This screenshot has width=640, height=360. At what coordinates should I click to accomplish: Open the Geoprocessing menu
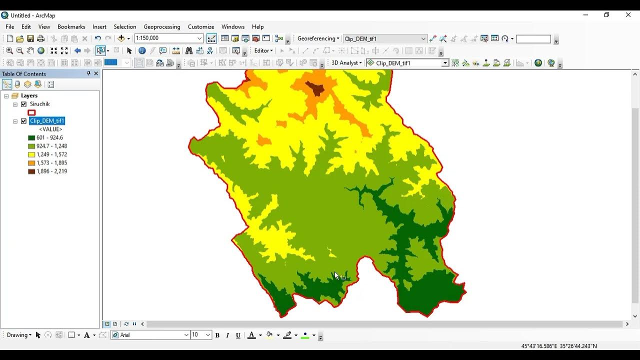161,27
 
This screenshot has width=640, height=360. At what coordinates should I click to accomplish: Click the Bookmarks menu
71,27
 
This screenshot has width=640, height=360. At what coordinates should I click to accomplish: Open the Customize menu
200,27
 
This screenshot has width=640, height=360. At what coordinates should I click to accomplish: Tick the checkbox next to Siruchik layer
23,104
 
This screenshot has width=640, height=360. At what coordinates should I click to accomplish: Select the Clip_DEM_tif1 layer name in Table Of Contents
47,121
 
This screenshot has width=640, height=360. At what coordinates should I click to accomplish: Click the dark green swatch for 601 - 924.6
31,138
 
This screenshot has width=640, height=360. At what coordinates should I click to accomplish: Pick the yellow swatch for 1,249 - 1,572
31,155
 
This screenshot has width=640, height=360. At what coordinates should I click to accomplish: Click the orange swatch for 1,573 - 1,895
31,163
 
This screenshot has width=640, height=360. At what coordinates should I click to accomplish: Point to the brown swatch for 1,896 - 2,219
31,171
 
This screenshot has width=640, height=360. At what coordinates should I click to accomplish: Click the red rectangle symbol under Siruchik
31,113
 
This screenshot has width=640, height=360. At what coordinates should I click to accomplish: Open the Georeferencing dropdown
318,38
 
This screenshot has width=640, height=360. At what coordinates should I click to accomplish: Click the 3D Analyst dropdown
346,63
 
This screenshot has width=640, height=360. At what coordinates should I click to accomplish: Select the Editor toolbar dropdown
263,50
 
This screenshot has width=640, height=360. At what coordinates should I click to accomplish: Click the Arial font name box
150,335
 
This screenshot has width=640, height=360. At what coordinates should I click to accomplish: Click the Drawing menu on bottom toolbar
19,335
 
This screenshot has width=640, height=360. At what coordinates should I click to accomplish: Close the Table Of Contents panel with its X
96,73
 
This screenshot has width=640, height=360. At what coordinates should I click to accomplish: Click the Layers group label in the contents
29,95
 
